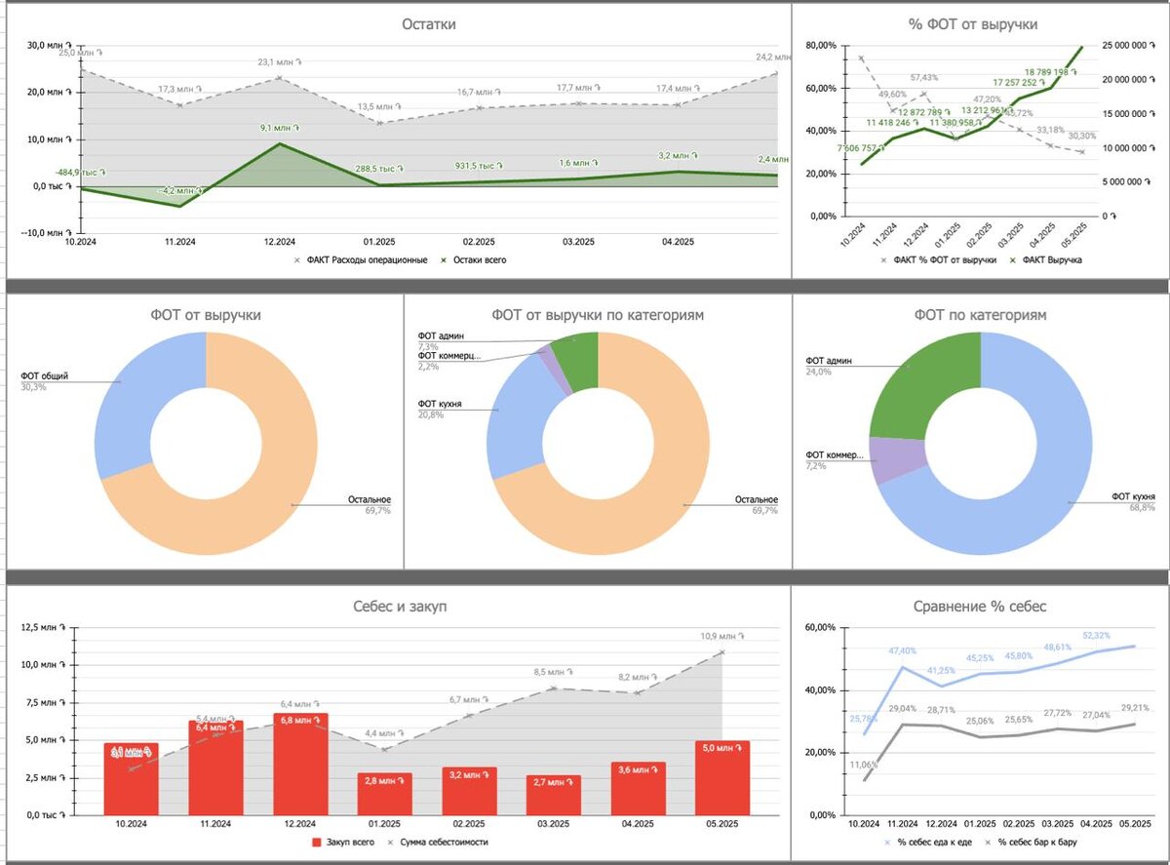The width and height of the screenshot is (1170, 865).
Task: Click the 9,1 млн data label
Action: tap(279, 128)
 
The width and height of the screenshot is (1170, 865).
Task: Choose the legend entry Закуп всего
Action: tap(348, 842)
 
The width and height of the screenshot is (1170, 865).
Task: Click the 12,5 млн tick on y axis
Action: tap(43, 628)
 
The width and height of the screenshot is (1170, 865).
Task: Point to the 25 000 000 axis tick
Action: tap(1133, 46)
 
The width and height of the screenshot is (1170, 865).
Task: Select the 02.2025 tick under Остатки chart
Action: tap(479, 242)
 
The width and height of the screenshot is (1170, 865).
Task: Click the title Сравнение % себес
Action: tap(980, 607)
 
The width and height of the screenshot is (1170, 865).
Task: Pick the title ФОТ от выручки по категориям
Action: tap(598, 315)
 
